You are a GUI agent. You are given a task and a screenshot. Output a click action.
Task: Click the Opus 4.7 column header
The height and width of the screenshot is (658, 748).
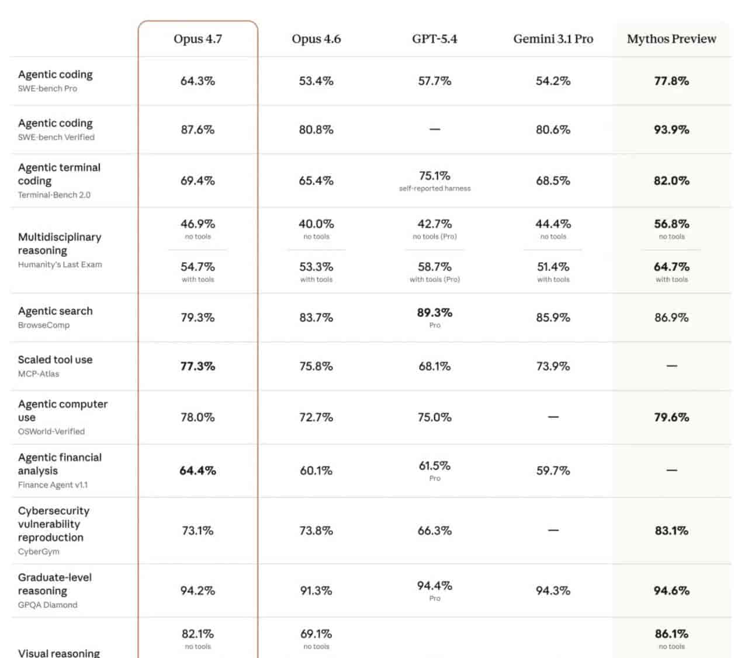point(198,39)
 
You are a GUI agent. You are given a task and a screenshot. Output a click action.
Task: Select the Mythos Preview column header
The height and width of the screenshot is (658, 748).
point(671,39)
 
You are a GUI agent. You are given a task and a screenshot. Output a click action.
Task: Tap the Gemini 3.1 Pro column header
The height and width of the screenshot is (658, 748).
point(553,39)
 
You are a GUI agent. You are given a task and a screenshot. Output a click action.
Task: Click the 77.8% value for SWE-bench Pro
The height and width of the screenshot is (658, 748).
point(671,81)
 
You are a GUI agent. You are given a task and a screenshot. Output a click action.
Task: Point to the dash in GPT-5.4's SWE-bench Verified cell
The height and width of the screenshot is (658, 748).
point(434,129)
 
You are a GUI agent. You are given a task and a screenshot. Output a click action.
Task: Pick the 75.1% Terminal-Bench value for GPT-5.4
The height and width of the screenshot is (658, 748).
point(434,176)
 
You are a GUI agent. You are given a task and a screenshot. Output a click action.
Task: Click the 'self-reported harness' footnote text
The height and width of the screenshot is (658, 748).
point(434,189)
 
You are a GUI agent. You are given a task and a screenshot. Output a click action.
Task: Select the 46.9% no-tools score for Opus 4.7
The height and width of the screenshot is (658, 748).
point(198,224)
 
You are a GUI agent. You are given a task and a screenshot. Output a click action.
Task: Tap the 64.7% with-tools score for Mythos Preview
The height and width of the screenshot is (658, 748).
point(671,267)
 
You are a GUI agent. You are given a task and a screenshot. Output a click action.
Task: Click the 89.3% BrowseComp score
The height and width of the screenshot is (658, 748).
point(434,313)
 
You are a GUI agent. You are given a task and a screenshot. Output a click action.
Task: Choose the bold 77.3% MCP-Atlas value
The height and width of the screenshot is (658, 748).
point(198,367)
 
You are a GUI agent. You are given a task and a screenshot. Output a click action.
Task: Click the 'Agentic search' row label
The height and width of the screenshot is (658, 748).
point(55,311)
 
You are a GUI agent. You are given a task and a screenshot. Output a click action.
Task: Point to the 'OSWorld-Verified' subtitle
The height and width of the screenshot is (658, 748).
point(51,431)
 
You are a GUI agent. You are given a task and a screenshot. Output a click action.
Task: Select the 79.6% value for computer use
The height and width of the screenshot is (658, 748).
point(671,417)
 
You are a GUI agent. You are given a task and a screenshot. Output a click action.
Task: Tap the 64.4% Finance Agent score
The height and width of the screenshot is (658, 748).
point(198,471)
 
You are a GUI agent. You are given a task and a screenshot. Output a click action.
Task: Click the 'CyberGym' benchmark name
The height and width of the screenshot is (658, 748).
point(39,552)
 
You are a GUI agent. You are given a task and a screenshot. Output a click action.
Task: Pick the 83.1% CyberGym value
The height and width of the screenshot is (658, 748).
point(671,531)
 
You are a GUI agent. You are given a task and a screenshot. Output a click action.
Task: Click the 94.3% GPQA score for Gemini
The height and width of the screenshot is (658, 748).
point(553,591)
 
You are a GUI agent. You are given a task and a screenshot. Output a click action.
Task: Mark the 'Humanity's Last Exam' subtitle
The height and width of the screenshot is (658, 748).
point(60,264)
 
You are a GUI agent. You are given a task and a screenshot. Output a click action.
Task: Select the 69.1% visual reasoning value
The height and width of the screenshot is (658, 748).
point(316,634)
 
